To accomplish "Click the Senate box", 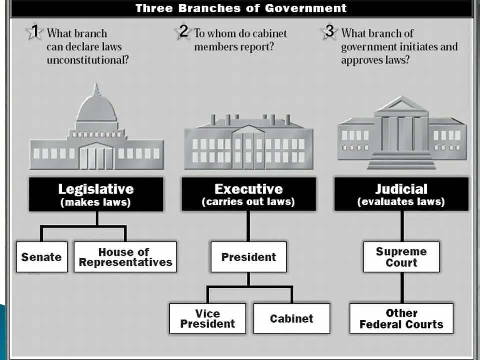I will coord(41,257).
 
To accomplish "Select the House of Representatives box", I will coord(125,257).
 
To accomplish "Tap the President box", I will coord(248,257).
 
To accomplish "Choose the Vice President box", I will coord(207,318).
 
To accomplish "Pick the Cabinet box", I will coord(292,318).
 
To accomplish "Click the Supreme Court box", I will coord(401,257).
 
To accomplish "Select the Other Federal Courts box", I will coord(401,318).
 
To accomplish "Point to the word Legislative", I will coord(96,189).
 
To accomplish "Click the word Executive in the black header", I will coord(248,189).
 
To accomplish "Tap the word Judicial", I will coord(401,189).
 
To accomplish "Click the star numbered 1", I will coord(34,32).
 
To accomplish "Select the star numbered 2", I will coord(183,32).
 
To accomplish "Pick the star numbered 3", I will coord(329,32).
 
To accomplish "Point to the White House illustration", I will coord(248,142).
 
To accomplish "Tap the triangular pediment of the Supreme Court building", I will coord(402,105).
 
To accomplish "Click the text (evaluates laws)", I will coord(401,202).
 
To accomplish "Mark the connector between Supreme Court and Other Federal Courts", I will coord(402,287).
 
